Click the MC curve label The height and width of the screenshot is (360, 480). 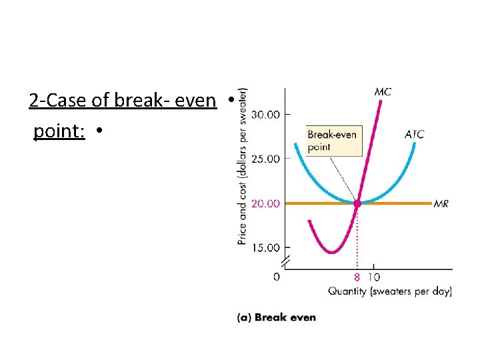(x=383, y=92)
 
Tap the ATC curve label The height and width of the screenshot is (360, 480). (x=413, y=135)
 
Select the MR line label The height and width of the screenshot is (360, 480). (x=441, y=203)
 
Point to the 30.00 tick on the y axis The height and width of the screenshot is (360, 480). (x=265, y=115)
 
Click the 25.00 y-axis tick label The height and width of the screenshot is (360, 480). (x=265, y=159)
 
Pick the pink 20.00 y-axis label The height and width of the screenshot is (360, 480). (x=265, y=203)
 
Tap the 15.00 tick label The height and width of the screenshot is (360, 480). (x=265, y=247)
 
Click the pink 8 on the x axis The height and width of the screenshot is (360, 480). (x=357, y=277)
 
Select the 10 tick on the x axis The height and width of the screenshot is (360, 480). (x=373, y=277)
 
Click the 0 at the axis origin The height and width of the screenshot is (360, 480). (x=277, y=277)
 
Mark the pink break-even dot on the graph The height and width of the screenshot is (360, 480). (x=357, y=203)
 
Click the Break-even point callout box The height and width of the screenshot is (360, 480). (x=333, y=141)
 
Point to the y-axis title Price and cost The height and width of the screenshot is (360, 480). (x=242, y=167)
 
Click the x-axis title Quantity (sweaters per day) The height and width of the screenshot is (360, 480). (x=389, y=291)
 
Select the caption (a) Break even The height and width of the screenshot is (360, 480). (x=277, y=318)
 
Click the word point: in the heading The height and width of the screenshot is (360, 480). (x=59, y=131)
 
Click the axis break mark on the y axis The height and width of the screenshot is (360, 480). (x=285, y=261)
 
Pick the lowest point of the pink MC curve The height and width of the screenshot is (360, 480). (x=331, y=253)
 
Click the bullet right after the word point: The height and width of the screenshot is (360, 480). (x=98, y=132)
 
